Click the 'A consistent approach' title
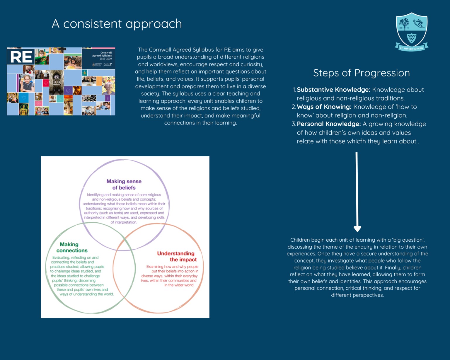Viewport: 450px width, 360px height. tap(117, 24)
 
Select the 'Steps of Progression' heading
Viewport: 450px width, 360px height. tap(361, 73)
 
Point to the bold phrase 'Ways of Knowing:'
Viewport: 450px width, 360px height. tap(324, 107)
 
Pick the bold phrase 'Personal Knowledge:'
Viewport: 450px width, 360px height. tap(329, 124)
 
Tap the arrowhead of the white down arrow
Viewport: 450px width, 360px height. tap(357, 228)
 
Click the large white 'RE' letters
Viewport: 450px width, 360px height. tap(21, 57)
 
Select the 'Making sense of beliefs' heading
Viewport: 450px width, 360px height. tap(124, 185)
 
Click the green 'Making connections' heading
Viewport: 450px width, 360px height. tap(71, 248)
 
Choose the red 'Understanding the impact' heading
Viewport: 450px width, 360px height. tap(177, 257)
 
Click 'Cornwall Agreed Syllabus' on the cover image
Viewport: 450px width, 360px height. tap(102, 54)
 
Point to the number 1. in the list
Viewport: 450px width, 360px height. tap(294, 90)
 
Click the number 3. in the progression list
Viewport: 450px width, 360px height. tap(294, 124)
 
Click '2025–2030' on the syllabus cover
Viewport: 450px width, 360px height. tap(105, 59)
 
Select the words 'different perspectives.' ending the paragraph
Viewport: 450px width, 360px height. tap(357, 295)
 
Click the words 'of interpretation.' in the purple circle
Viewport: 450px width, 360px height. tap(124, 222)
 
